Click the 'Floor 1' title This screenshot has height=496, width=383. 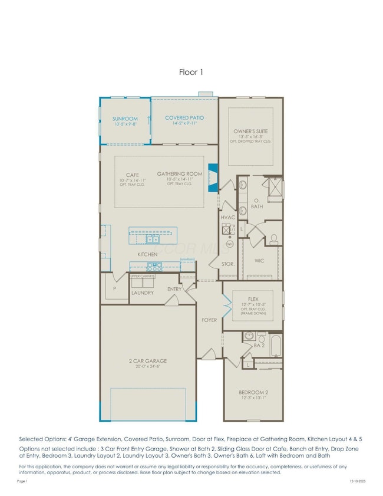coord(191,72)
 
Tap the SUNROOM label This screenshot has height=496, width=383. coord(124,119)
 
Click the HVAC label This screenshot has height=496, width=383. coord(228,217)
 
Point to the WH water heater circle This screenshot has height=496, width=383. coord(229,244)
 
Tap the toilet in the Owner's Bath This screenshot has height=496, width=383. coord(273,239)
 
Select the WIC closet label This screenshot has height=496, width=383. coord(259,260)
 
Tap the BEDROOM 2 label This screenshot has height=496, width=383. coord(253,392)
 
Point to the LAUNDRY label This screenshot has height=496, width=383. coord(142,293)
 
